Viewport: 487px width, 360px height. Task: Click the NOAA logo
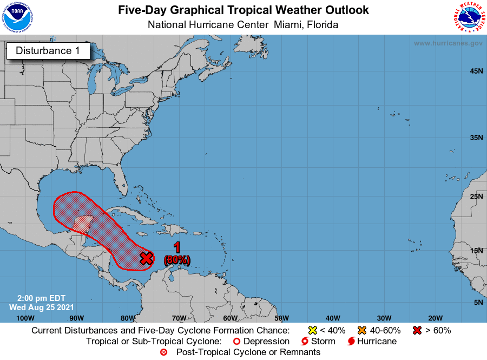click(17, 17)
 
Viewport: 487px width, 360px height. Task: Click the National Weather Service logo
click(468, 17)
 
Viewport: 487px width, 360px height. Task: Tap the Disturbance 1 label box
click(48, 51)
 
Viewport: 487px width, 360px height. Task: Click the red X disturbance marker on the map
click(146, 258)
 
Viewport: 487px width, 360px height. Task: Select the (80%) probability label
click(177, 260)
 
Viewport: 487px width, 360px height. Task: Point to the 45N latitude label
click(476, 71)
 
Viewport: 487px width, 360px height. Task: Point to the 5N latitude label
click(478, 302)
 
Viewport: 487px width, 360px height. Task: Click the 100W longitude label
click(25, 318)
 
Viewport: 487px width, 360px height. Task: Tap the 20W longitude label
click(435, 318)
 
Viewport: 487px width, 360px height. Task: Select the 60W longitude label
click(230, 318)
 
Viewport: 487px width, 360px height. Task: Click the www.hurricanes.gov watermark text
click(448, 43)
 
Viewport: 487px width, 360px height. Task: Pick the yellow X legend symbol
click(312, 330)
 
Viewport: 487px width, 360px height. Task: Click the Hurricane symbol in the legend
click(352, 342)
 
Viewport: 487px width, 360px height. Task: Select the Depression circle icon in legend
click(236, 342)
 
